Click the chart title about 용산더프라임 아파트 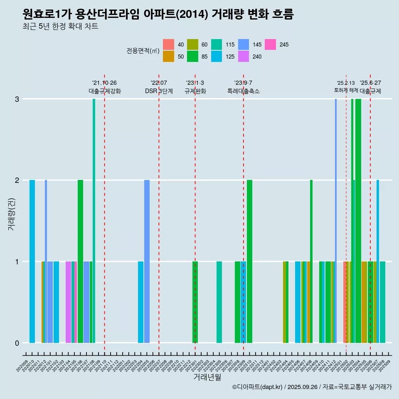click(x=158, y=15)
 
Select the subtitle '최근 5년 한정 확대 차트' click(x=61, y=27)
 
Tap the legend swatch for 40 click(x=168, y=44)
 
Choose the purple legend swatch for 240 click(x=244, y=57)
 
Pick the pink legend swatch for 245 click(x=271, y=44)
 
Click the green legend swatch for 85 click(x=192, y=57)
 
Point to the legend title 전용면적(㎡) click(x=143, y=51)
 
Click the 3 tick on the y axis click(x=17, y=99)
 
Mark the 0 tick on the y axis click(x=17, y=343)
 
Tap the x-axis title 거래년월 click(x=207, y=377)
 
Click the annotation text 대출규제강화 click(x=104, y=91)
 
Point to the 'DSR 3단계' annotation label click(x=159, y=91)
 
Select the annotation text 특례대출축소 click(x=243, y=91)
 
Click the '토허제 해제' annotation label click(x=346, y=90)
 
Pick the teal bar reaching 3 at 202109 click(x=94, y=220)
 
